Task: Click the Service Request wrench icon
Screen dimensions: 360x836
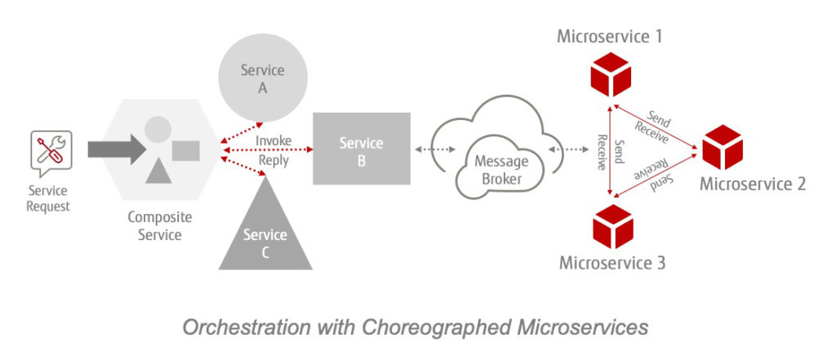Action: click(x=51, y=150)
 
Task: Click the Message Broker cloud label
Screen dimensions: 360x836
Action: click(x=501, y=169)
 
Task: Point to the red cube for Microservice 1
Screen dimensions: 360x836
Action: click(x=611, y=75)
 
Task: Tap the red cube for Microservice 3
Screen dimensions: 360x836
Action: click(x=611, y=226)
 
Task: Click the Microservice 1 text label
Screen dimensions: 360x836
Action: click(x=610, y=36)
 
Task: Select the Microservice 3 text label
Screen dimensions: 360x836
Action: click(x=612, y=263)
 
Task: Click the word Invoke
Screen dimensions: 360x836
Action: click(x=273, y=140)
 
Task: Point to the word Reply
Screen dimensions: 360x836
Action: click(x=273, y=160)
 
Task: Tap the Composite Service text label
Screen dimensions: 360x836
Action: click(x=160, y=226)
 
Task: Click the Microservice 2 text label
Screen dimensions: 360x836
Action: click(x=753, y=184)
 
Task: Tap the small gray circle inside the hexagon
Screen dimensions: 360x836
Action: click(x=158, y=128)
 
